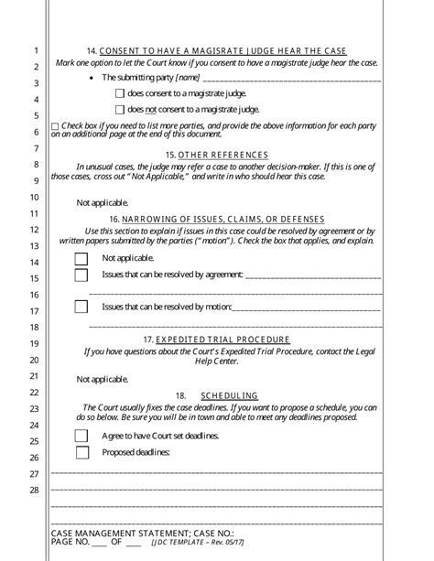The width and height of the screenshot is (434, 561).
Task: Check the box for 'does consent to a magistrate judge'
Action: (120, 93)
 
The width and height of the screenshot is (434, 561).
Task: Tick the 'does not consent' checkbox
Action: (120, 110)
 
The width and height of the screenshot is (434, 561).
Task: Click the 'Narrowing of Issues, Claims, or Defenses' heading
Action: (228, 220)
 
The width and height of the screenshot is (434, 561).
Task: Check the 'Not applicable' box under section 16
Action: (81, 258)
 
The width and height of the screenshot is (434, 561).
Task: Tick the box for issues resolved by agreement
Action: (81, 275)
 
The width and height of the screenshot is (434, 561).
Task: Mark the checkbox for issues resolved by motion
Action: (81, 307)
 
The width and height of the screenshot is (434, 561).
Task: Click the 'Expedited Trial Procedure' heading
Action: (229, 339)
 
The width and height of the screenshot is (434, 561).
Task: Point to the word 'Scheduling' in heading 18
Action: (234, 395)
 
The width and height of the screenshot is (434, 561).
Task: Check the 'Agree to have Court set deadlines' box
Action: (81, 436)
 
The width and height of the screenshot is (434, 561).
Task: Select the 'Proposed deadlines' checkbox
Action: (81, 452)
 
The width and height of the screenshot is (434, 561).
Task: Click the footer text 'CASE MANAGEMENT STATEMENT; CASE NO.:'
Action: (131, 532)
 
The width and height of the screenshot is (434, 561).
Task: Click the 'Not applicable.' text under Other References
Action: (103, 202)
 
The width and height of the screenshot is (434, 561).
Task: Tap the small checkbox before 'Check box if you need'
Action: (55, 125)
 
